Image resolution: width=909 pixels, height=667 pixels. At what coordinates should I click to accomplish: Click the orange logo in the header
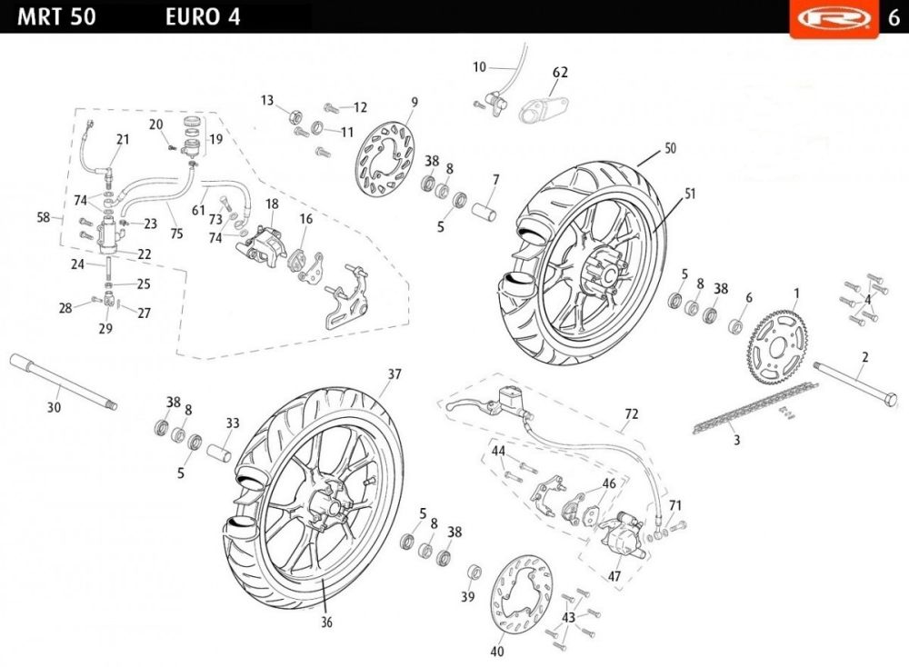834,18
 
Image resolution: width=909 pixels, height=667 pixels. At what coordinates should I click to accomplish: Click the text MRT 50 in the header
56,16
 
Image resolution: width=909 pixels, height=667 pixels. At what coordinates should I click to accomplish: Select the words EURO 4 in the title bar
203,16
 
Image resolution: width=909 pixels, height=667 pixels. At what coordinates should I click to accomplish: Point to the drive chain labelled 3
755,408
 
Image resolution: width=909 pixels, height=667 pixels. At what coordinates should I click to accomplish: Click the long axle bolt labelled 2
855,383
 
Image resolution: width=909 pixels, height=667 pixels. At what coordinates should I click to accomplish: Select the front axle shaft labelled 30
64,382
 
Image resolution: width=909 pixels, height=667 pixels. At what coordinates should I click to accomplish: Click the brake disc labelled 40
521,595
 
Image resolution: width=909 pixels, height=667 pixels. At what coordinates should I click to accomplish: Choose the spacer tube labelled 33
219,449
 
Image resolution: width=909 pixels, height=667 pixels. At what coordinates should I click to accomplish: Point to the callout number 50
670,148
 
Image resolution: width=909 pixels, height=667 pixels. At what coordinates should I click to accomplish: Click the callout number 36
327,622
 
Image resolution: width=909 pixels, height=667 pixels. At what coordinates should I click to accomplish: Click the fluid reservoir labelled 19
191,136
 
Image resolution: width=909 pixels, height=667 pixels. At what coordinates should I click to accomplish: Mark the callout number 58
43,218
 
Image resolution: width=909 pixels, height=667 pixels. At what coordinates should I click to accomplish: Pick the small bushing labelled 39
474,572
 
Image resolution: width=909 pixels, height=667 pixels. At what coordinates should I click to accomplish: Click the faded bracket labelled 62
544,108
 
